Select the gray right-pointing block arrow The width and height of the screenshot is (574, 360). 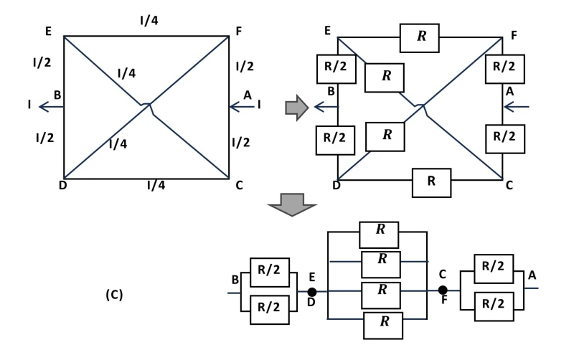pos(296,108)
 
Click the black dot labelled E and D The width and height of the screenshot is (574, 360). pos(312,292)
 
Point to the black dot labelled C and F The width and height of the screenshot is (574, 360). pos(443,290)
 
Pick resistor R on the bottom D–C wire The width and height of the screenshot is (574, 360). pos(431,181)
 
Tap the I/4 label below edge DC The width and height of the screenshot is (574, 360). pos(156,185)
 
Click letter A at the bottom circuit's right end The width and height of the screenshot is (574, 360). pos(532,275)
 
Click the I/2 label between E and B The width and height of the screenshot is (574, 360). pos(42,63)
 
